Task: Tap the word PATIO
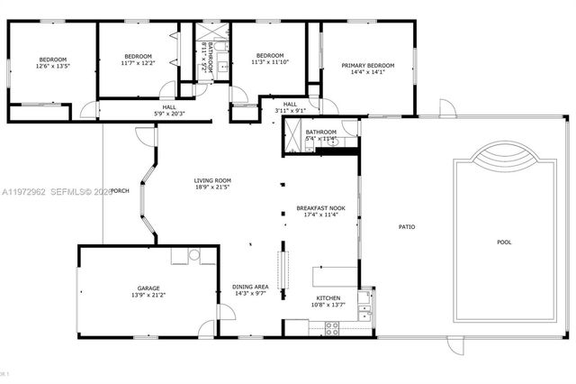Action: click(x=408, y=226)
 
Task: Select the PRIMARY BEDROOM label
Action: click(x=368, y=66)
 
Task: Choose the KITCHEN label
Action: click(x=328, y=298)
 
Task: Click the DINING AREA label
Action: click(x=250, y=287)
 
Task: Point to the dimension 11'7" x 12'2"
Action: click(x=139, y=63)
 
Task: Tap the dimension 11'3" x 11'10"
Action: click(x=270, y=62)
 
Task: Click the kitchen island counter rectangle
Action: click(x=335, y=276)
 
